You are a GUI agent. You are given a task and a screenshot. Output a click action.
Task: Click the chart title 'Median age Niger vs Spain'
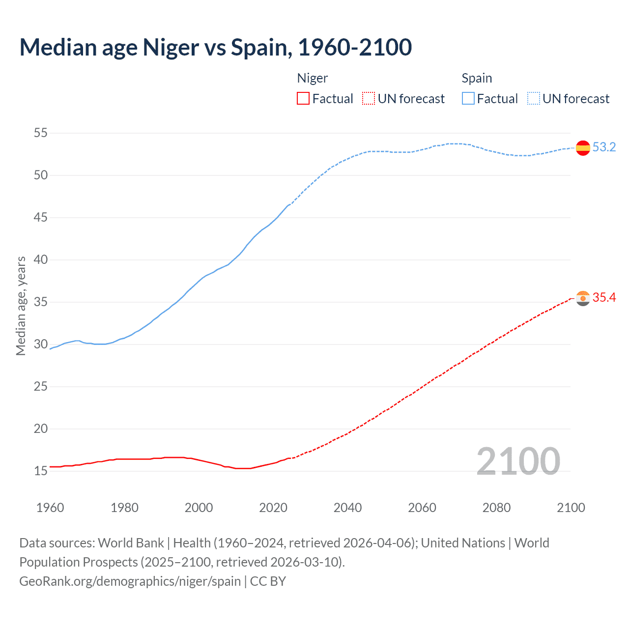[215, 47]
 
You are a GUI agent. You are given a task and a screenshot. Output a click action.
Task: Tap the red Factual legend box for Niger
[303, 99]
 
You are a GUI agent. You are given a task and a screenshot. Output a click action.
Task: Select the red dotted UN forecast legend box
[369, 99]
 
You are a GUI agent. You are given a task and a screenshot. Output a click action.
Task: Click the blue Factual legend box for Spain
[468, 99]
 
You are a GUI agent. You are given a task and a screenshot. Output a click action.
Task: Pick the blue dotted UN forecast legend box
[533, 99]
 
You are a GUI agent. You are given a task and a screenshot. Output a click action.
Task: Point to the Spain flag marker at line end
[583, 147]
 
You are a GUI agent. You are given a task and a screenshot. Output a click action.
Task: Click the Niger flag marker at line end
[583, 298]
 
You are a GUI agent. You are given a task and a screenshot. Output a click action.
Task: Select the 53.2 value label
[604, 147]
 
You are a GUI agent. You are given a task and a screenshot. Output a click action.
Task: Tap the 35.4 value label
[604, 297]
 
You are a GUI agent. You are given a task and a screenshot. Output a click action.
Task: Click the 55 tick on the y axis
[41, 133]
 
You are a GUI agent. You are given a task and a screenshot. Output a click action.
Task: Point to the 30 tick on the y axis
[41, 344]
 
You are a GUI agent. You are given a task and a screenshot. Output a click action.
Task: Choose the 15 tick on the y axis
[41, 471]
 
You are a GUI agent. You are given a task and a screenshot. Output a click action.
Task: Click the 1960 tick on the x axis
[50, 508]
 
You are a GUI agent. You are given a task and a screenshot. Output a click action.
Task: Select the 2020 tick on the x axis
[273, 508]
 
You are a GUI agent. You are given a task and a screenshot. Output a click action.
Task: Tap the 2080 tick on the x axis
[496, 508]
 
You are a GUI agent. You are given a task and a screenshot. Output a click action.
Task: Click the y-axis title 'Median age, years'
[21, 306]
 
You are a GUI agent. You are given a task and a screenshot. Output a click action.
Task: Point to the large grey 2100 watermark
[518, 461]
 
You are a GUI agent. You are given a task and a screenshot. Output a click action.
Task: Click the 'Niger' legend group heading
[313, 78]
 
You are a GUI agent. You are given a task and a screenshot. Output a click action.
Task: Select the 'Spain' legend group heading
[477, 78]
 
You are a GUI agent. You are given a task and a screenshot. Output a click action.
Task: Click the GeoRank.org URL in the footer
[130, 581]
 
